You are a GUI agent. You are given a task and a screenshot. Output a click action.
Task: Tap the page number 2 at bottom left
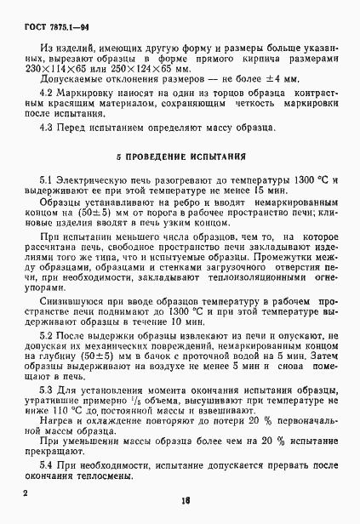point(26,493)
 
